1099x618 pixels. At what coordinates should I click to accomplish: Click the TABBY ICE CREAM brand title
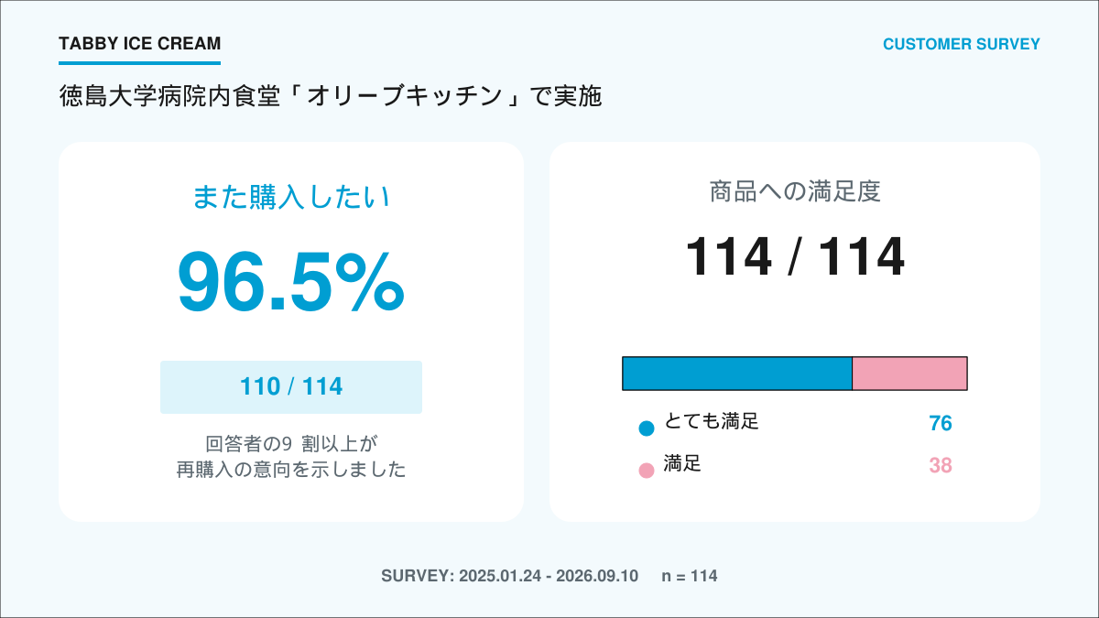[x=140, y=44]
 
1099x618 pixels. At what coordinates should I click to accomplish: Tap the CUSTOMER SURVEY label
[x=961, y=44]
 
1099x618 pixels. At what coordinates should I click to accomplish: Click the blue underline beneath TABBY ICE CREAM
[x=140, y=63]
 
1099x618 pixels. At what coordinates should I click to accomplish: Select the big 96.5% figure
[x=291, y=282]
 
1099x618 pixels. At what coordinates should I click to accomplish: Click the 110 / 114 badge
[x=291, y=387]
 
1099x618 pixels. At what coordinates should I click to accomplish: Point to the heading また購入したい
[x=291, y=197]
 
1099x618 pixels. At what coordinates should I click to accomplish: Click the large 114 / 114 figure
[x=795, y=256]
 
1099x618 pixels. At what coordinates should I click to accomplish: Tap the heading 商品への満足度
[x=795, y=191]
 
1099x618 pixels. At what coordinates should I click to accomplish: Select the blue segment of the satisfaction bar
[x=737, y=374]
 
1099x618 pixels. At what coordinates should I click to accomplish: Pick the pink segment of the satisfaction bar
[x=909, y=374]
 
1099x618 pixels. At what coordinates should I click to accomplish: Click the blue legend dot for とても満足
[x=647, y=428]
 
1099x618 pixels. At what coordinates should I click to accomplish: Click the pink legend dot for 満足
[x=647, y=471]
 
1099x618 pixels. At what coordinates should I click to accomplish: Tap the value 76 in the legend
[x=941, y=423]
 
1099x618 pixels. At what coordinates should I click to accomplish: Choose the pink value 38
[x=941, y=465]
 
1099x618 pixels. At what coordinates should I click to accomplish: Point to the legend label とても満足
[x=712, y=421]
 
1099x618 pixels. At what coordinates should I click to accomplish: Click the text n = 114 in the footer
[x=690, y=576]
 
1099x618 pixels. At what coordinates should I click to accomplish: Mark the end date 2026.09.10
[x=597, y=576]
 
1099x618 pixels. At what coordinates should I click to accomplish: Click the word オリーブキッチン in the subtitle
[x=405, y=96]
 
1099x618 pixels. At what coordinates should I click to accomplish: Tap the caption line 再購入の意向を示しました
[x=291, y=470]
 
